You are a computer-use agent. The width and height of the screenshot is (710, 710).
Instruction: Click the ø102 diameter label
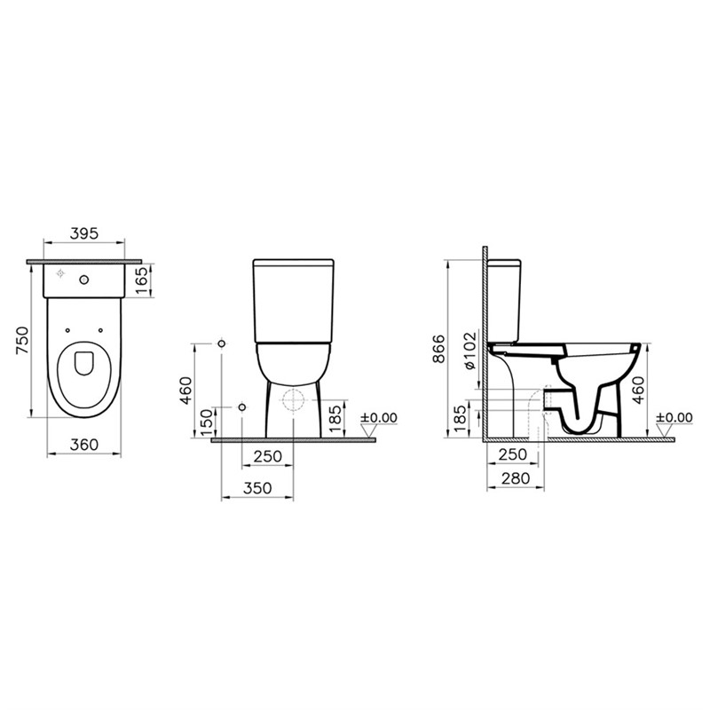tap(469, 349)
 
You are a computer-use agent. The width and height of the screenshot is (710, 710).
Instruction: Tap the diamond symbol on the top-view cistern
tap(59, 273)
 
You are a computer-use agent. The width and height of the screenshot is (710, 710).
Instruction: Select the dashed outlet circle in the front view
tap(291, 401)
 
